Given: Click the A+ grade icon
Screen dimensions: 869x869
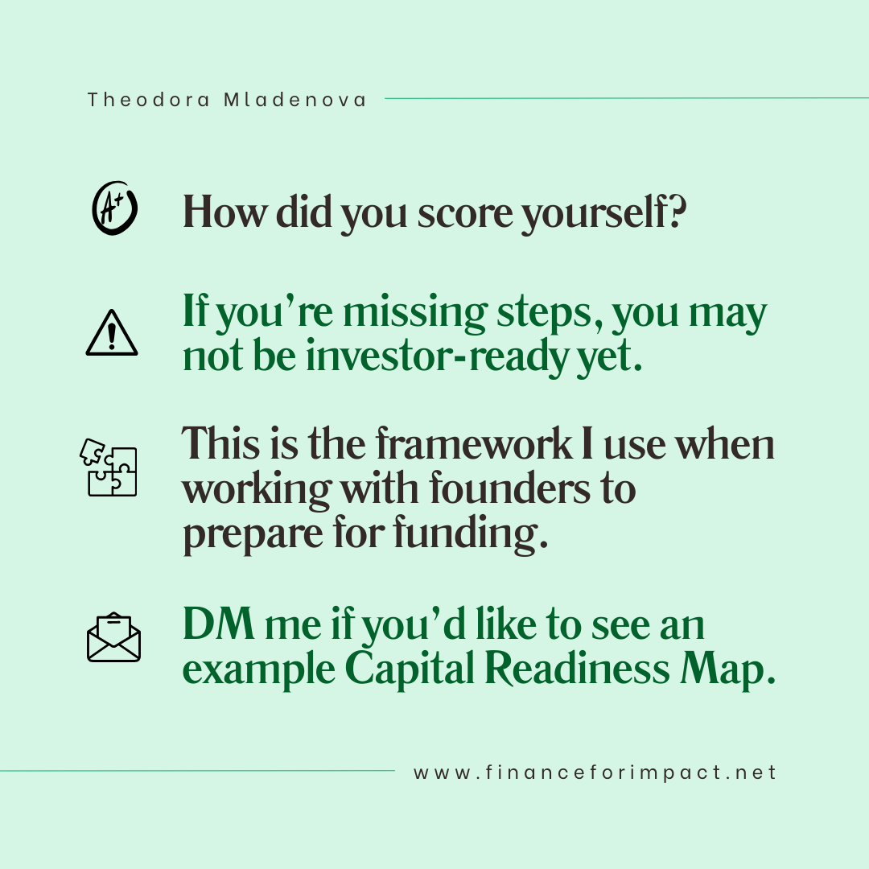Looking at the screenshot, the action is click(115, 208).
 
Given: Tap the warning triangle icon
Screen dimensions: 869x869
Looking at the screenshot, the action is click(111, 332).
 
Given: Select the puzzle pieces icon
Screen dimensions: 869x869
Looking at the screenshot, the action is click(109, 467).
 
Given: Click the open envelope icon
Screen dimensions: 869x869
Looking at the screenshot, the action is click(113, 636).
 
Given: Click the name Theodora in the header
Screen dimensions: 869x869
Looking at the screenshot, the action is click(149, 100).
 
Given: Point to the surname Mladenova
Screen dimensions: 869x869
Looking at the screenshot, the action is click(294, 100).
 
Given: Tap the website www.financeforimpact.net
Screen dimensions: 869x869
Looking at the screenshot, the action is click(595, 772).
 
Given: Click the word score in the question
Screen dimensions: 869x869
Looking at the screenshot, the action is click(465, 212).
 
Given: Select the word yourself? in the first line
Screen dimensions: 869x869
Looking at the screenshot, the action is click(604, 213).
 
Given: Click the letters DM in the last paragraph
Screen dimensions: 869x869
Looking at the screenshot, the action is click(219, 624).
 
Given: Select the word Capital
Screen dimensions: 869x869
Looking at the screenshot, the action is click(410, 669).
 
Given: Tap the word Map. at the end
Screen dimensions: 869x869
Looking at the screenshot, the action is click(727, 669).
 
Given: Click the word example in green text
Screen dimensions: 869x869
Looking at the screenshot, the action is click(259, 669).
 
